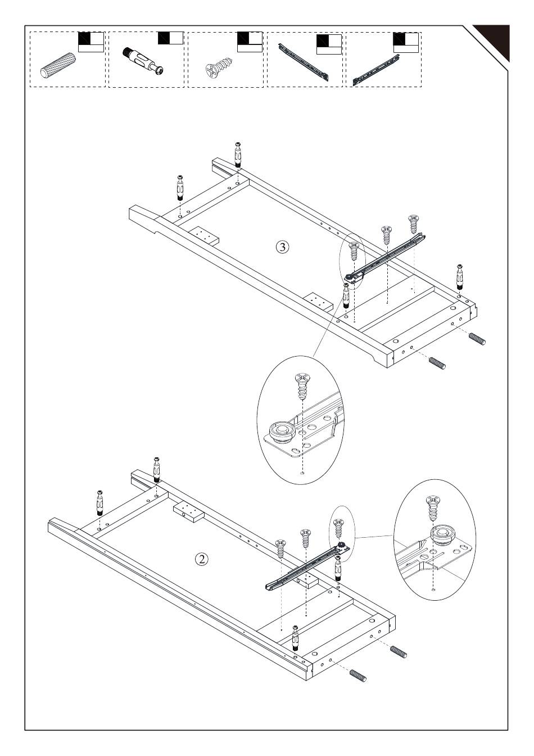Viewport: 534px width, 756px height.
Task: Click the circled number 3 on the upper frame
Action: coord(283,246)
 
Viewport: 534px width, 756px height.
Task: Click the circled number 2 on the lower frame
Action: coord(201,559)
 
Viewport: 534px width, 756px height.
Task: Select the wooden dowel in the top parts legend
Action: coord(58,66)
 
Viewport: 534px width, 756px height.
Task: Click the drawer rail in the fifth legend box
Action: coord(375,70)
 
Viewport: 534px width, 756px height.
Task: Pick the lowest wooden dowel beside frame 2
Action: coord(357,676)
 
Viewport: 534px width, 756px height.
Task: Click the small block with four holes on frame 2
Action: coord(188,512)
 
